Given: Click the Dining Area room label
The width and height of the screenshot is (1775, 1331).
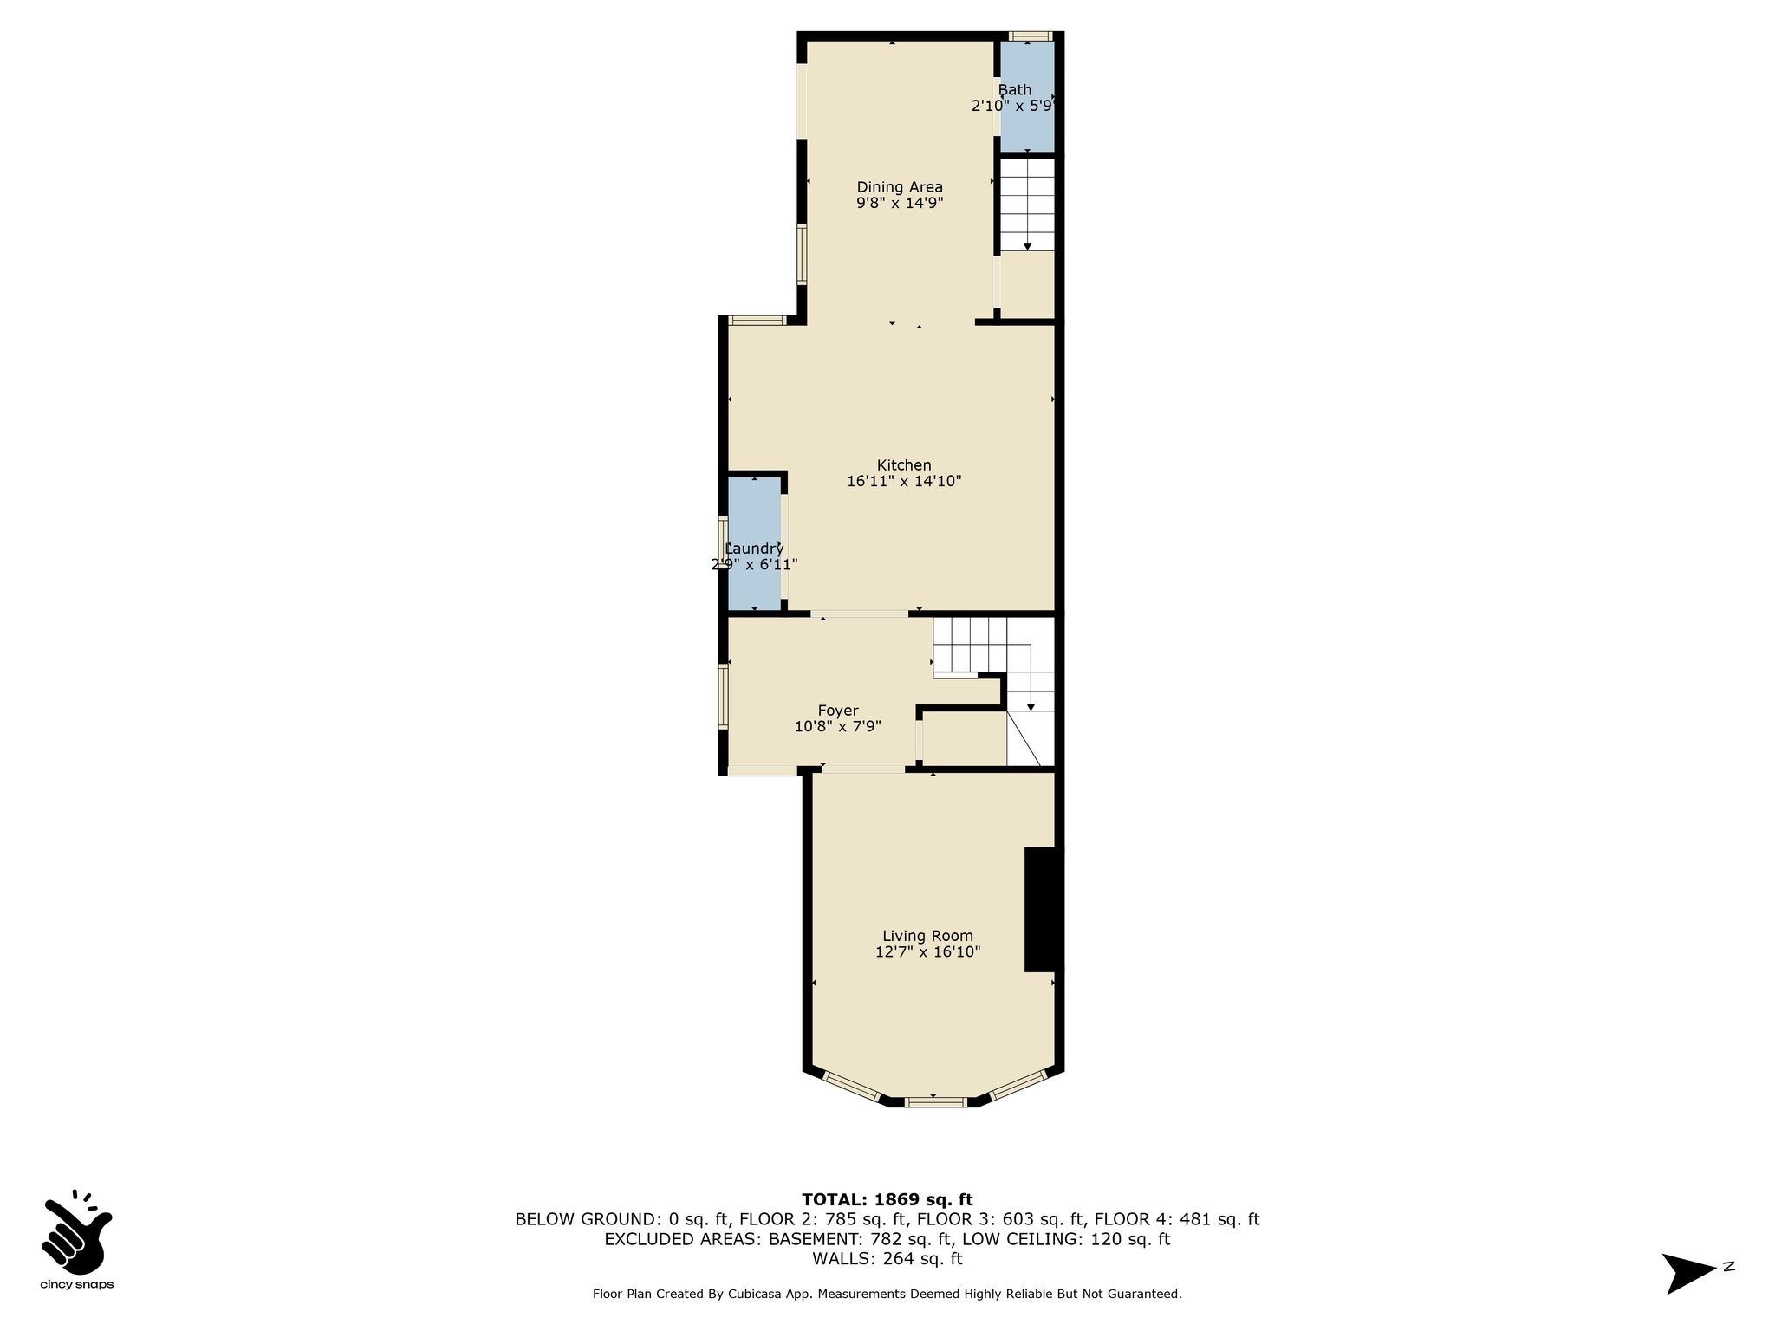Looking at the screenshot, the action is pos(900,187).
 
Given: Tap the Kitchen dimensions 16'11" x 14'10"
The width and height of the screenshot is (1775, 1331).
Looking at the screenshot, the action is pos(904,481).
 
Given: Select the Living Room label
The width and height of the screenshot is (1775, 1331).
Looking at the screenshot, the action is pos(927,936).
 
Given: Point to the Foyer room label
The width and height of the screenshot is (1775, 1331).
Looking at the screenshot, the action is pos(838,711).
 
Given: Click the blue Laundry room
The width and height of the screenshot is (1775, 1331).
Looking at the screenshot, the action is pos(754,544).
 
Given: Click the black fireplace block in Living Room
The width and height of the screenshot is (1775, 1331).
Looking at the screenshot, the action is pos(1043,909).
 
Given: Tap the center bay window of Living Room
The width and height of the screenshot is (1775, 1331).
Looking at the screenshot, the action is pos(935,1102).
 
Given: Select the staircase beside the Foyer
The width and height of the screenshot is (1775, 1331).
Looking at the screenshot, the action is pos(993,691).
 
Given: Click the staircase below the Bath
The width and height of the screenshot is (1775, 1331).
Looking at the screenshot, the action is pos(1027,205).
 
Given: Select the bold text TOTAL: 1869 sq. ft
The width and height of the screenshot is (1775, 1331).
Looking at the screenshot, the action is pos(887,1200).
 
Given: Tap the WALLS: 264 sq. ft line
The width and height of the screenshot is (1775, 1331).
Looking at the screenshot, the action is pos(887,1259).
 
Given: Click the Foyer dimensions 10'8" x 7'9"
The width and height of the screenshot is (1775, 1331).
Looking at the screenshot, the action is pos(837,727).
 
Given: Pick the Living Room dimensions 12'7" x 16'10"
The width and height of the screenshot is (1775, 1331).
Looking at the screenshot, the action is pos(927,952).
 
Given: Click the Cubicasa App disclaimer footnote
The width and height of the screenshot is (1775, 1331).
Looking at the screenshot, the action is pos(887,1294).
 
